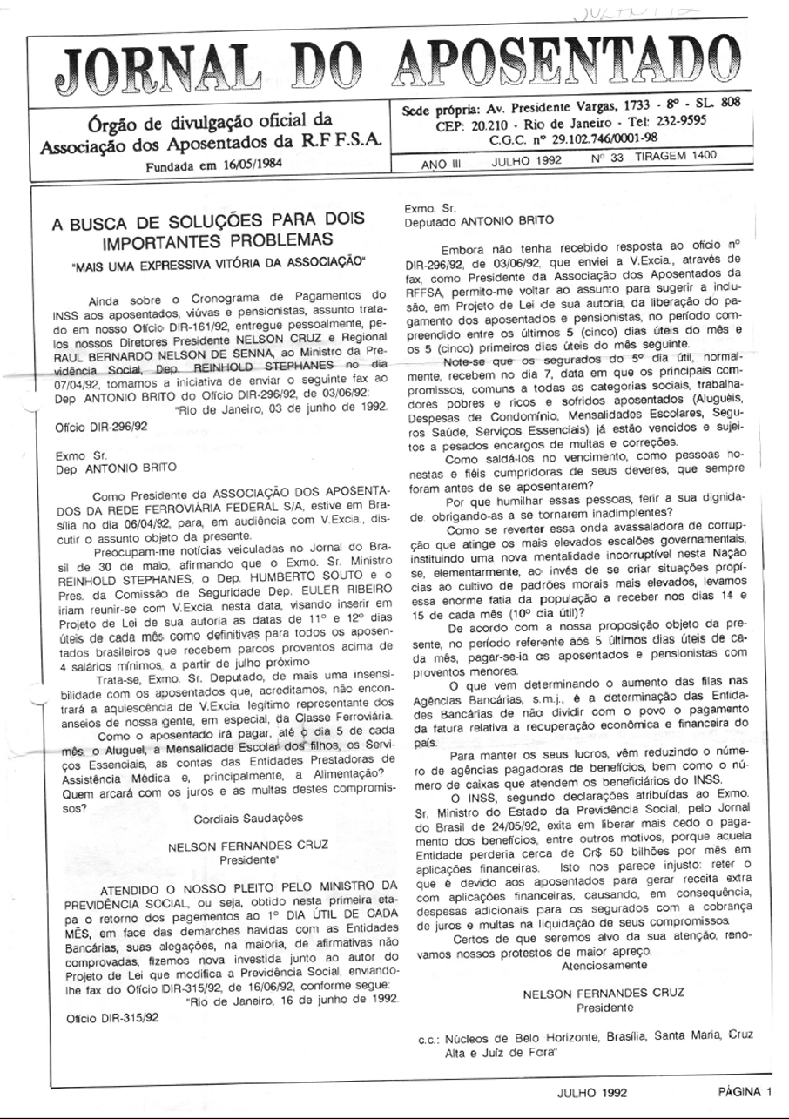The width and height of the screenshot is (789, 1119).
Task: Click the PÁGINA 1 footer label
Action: point(745,1092)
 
